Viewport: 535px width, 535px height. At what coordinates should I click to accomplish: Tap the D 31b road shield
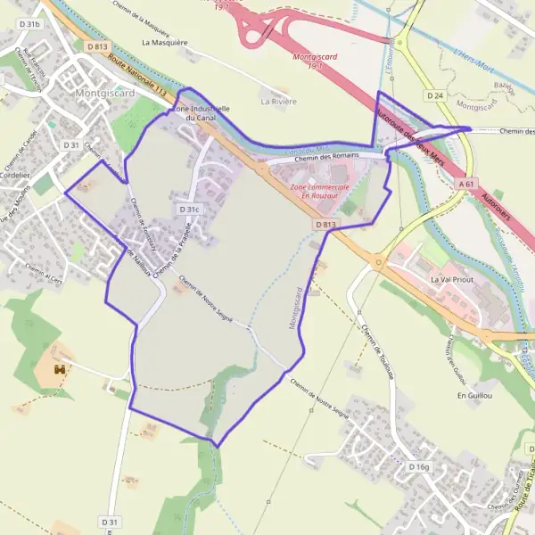pos(29,25)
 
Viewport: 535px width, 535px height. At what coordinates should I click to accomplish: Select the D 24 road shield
pos(435,95)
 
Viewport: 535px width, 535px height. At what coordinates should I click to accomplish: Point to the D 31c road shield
pos(189,210)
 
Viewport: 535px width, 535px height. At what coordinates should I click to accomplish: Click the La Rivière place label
pos(278,102)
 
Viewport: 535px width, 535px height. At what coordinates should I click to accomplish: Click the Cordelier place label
pos(14,176)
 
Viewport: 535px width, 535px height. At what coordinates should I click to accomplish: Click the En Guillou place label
pos(474,394)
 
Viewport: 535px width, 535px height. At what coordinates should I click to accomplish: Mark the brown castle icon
pos(61,367)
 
